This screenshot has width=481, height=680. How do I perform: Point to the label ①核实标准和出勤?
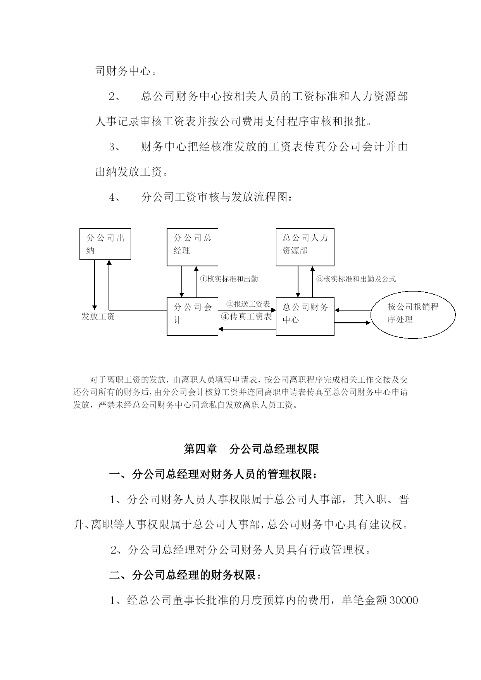[x=229, y=279]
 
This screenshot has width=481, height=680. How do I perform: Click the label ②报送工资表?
[x=248, y=304]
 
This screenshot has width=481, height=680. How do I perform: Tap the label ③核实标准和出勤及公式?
[x=356, y=279]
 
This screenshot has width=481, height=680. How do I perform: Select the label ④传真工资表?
[x=247, y=316]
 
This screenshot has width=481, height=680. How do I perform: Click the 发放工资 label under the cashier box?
[x=98, y=316]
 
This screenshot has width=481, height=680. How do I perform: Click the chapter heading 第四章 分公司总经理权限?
[x=251, y=449]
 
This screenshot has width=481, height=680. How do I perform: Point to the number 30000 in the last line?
[x=403, y=601]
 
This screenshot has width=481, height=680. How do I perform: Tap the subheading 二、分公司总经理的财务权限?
[x=185, y=575]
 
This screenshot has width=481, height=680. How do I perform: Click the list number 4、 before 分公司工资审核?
[x=115, y=197]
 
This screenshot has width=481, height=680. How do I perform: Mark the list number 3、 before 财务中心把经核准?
[x=115, y=147]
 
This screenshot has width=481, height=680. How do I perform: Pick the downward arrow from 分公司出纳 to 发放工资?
[x=94, y=285]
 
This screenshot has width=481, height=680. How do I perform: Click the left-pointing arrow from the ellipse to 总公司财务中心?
[x=353, y=310]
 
